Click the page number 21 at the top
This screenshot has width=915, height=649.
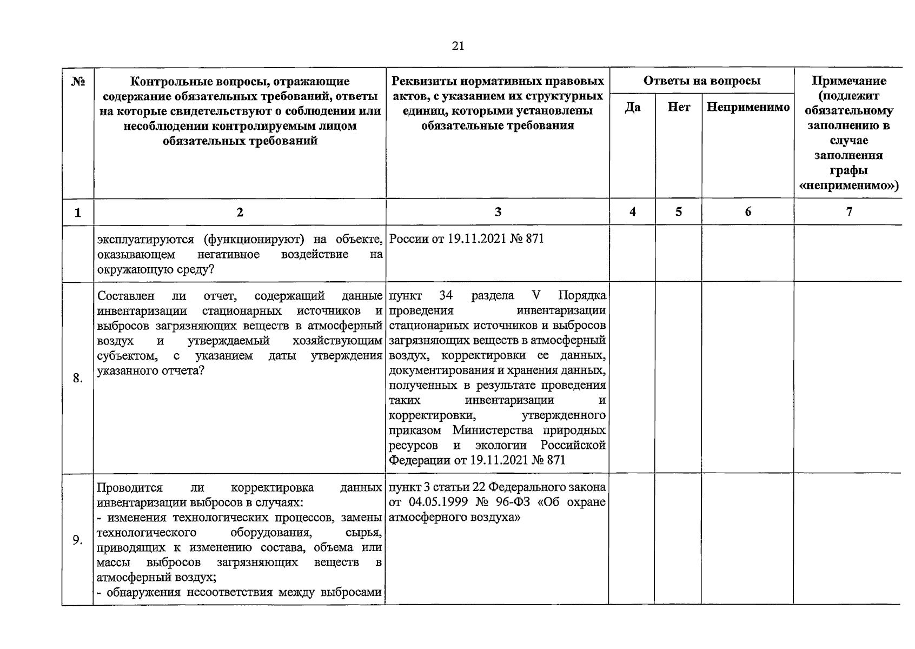click(x=457, y=46)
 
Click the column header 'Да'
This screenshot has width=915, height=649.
click(x=632, y=107)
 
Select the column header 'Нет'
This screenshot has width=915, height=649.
click(x=679, y=107)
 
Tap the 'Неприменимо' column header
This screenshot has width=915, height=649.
click(x=748, y=107)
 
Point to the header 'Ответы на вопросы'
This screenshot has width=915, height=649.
click(x=701, y=81)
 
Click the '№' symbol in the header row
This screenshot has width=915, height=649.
click(x=78, y=82)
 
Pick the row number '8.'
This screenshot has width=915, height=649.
click(x=78, y=378)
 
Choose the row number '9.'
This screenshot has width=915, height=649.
click(x=78, y=540)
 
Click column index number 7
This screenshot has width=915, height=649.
click(x=849, y=212)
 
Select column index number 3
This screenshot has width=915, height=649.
click(x=498, y=212)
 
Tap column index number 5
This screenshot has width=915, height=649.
click(x=679, y=212)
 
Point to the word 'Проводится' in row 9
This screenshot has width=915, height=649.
click(x=129, y=488)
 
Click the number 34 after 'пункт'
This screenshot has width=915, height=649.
click(x=446, y=296)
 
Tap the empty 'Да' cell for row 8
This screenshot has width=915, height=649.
click(x=632, y=378)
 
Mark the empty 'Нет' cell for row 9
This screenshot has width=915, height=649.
click(x=679, y=540)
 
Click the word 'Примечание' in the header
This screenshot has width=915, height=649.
click(x=849, y=81)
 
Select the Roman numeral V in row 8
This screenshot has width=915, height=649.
click(x=536, y=296)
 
